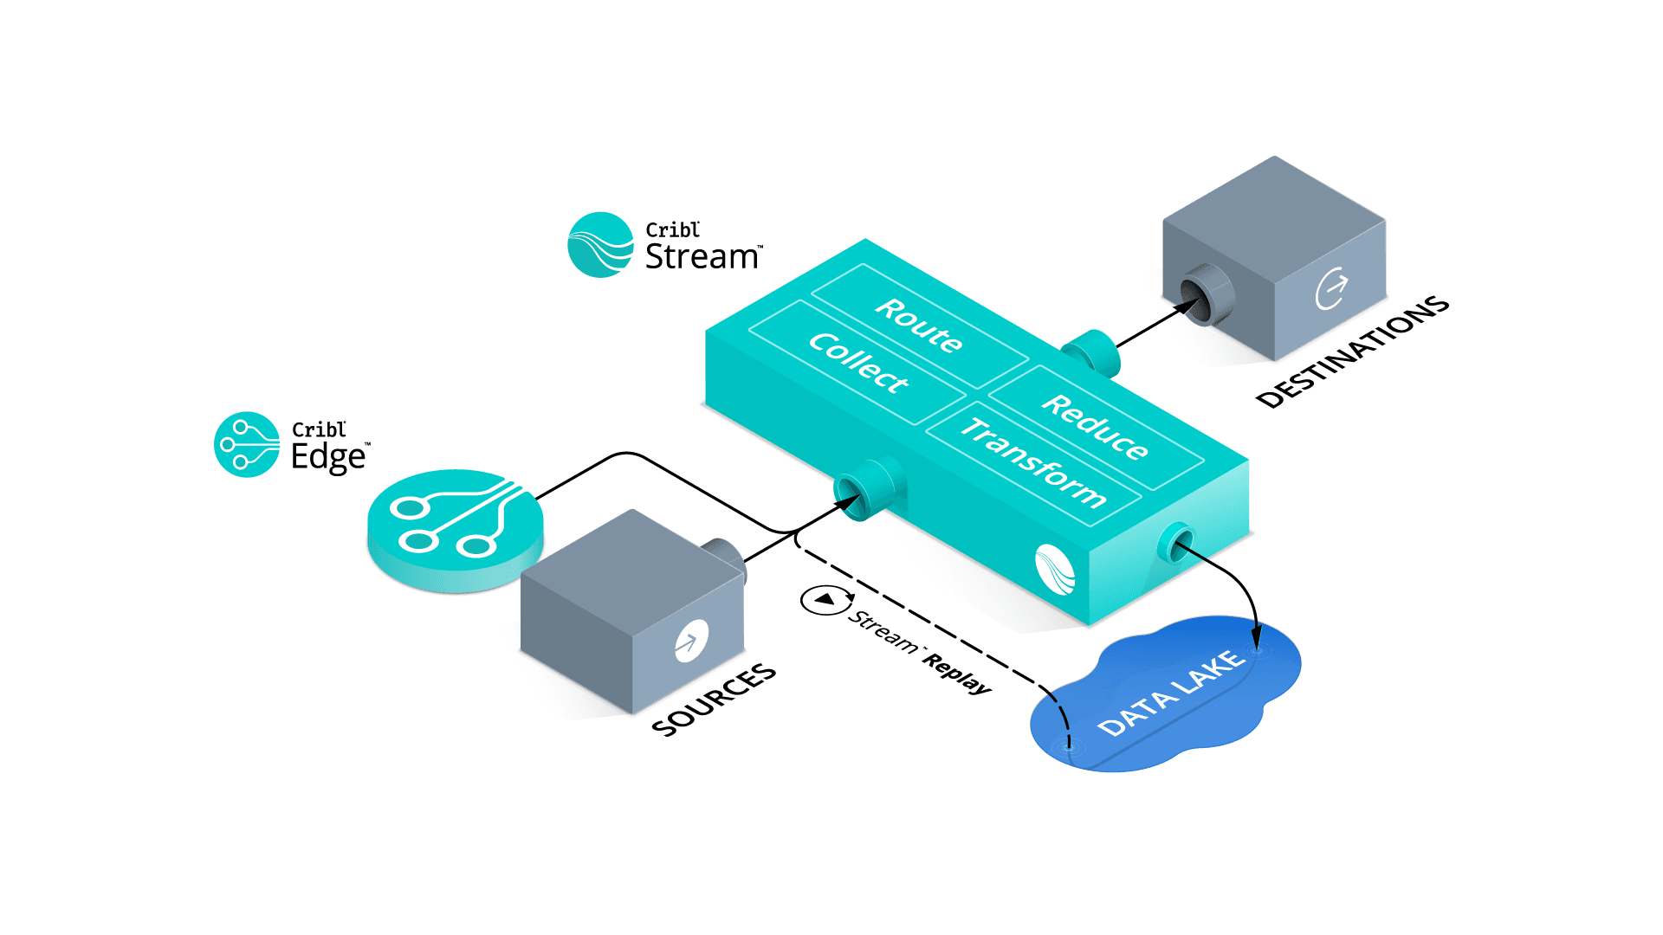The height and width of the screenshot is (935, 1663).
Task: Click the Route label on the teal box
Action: coord(918,326)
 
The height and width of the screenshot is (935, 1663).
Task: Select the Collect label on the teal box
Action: coord(857,363)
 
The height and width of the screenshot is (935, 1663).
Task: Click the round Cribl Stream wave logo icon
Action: coord(600,245)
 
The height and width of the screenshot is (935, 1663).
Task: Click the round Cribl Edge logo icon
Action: coord(247,444)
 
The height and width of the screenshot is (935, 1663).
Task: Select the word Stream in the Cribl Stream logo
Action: coord(702,257)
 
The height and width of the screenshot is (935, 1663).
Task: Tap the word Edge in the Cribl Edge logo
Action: coord(328,457)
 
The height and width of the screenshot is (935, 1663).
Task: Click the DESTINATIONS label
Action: coord(1352,351)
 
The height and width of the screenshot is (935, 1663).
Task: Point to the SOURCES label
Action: coord(714,700)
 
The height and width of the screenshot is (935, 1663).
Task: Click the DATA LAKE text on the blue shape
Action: coord(1171,693)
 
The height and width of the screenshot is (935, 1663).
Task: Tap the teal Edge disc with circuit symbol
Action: coord(455,528)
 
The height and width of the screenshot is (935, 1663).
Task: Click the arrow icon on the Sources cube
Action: coord(690,642)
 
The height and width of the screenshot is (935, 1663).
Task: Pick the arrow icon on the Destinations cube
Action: coord(1331,288)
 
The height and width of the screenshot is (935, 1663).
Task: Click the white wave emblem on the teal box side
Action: coord(1055,570)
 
